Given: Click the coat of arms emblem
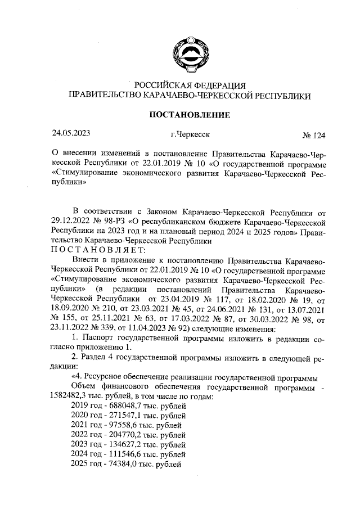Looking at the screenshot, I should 188,49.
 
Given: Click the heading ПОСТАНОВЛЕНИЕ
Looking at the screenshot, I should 188,115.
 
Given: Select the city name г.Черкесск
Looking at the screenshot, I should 189,135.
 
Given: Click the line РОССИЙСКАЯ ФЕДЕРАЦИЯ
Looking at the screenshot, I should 188,86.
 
